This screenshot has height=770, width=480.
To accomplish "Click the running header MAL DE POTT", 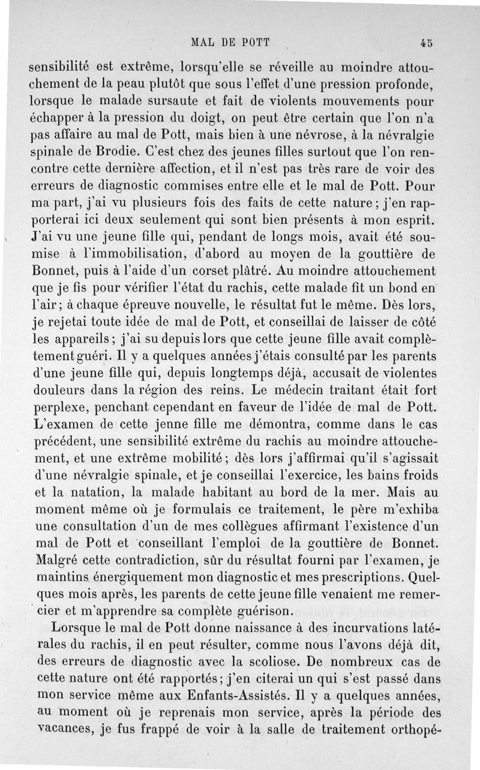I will (x=230, y=43).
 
